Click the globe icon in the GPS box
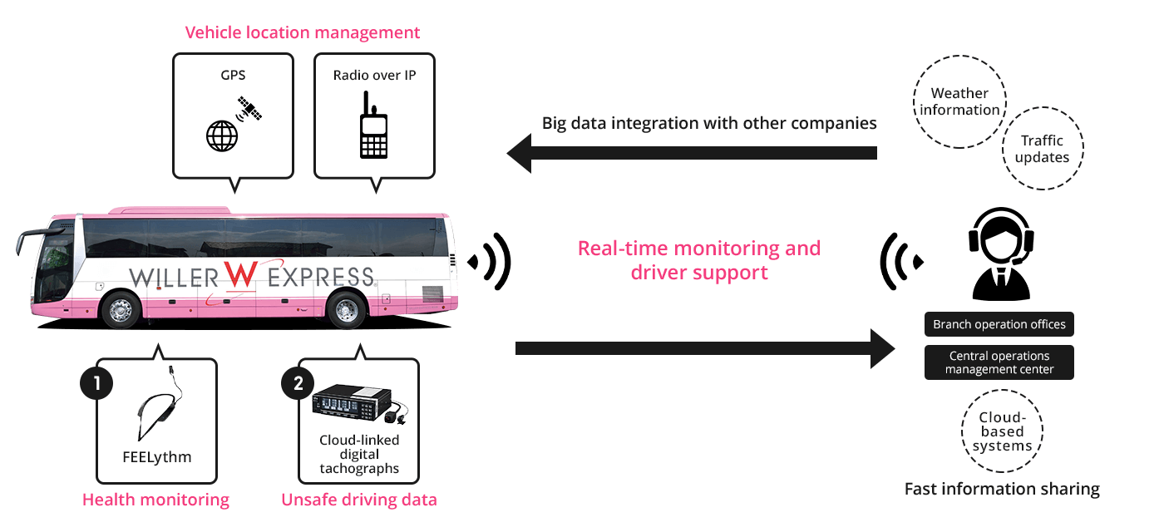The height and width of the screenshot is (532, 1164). [220, 135]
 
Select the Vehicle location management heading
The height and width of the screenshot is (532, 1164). [302, 33]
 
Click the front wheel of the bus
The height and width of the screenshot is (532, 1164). [121, 310]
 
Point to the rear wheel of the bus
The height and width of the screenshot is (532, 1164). [345, 310]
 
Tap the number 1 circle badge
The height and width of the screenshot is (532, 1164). [96, 383]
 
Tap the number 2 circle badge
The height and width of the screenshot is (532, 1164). [298, 383]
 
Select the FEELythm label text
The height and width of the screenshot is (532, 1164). [156, 456]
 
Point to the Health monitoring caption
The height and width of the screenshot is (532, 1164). [155, 500]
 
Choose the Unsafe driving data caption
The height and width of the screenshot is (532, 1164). [358, 500]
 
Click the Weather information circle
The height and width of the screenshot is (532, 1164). [959, 102]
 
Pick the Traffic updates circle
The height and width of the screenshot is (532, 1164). [1042, 150]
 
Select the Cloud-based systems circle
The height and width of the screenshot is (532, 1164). [1002, 431]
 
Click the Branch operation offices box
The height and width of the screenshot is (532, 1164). [999, 324]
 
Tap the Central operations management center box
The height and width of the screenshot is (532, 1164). [999, 362]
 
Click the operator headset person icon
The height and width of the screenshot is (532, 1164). [1001, 254]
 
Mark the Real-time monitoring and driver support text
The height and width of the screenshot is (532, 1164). [698, 260]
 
